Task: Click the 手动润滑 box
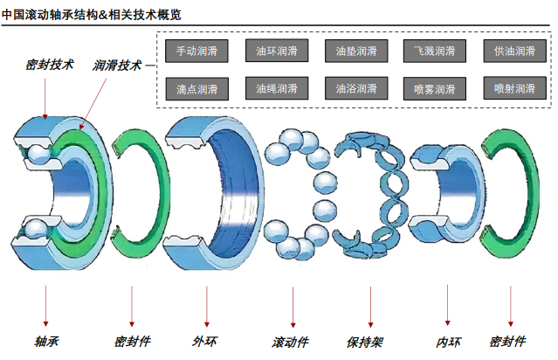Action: (x=196, y=51)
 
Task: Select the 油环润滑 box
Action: (x=276, y=51)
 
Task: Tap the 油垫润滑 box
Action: (x=355, y=51)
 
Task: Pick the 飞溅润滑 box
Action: (x=435, y=51)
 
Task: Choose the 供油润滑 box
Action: (x=514, y=51)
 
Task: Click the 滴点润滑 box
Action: (x=196, y=88)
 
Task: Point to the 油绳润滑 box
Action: (x=276, y=88)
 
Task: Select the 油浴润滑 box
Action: (x=355, y=88)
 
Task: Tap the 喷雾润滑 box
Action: (x=435, y=88)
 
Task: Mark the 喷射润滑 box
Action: (x=514, y=88)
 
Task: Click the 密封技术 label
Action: (x=49, y=65)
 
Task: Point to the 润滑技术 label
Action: (x=117, y=65)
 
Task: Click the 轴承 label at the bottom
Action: (x=46, y=342)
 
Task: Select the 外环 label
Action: (x=204, y=342)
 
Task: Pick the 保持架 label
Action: (x=364, y=342)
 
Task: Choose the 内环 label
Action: (x=448, y=342)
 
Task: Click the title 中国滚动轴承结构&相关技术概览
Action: (x=104, y=11)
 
